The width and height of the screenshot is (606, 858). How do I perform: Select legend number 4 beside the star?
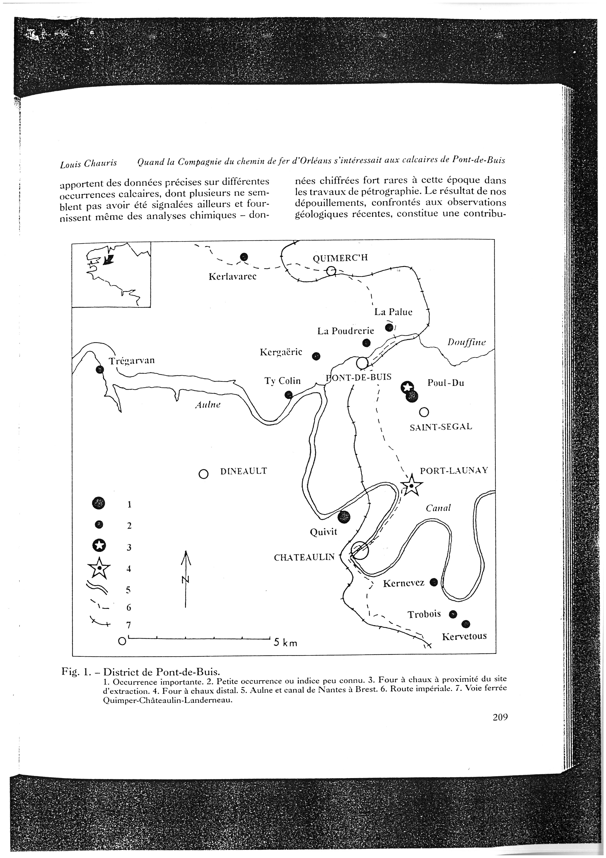129,569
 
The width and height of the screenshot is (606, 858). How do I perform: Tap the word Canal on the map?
438,508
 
